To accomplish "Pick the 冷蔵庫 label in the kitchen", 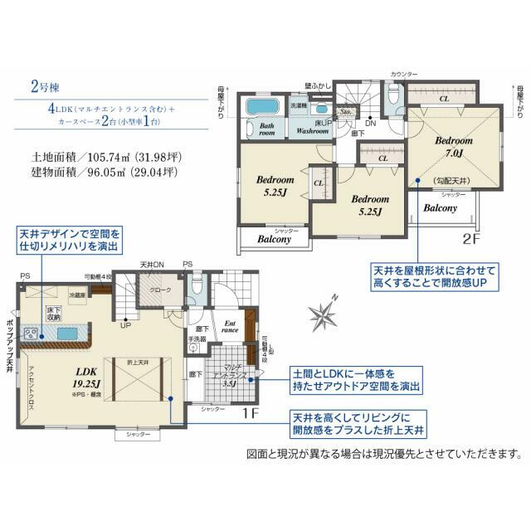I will coord(79,295).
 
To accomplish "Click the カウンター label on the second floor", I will coord(405,76).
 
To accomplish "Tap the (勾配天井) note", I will coord(452,181).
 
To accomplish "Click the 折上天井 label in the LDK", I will coord(139,363).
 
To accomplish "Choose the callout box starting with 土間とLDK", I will coord(353,379).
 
